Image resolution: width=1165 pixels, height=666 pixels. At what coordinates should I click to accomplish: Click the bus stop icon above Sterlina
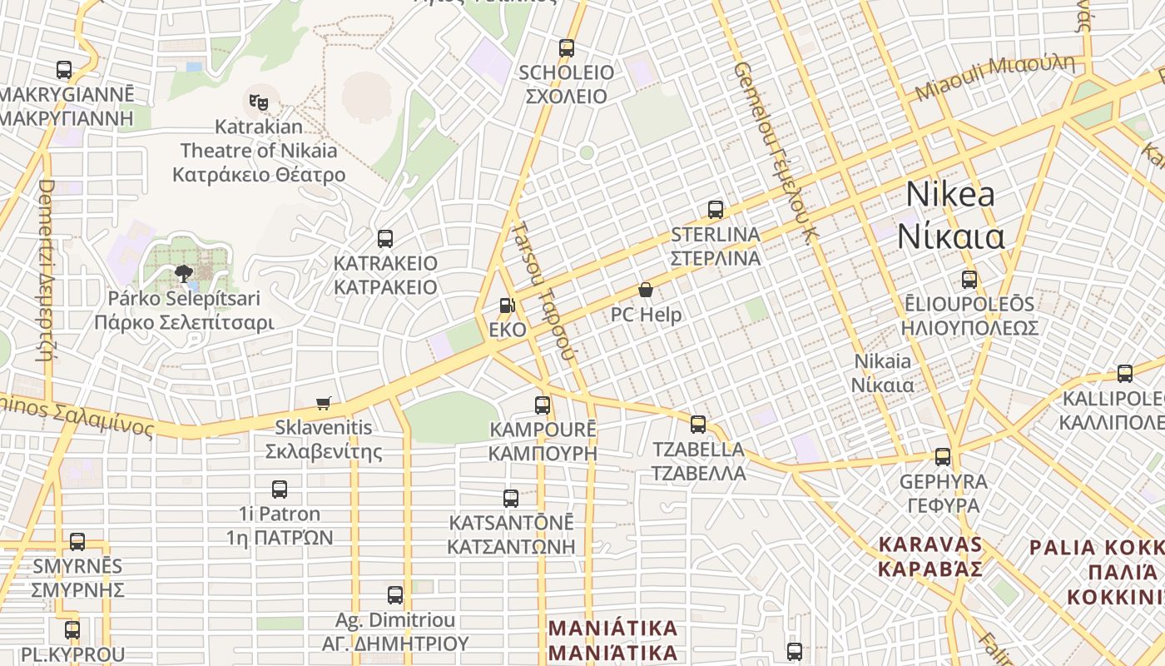point(716,210)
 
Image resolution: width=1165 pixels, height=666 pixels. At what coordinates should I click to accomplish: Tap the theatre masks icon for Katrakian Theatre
point(259,102)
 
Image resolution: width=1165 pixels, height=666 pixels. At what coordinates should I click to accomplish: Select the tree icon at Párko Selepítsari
point(184,273)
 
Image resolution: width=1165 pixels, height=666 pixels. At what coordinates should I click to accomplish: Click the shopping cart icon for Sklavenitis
point(324,404)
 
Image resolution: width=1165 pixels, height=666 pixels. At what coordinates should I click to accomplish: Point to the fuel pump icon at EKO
point(507,306)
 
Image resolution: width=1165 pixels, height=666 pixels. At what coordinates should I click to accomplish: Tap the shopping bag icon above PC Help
point(646,290)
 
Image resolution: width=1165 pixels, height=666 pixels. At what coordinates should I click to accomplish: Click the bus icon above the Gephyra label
point(943,456)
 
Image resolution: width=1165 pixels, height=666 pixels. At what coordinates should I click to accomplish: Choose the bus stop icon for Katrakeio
point(384,239)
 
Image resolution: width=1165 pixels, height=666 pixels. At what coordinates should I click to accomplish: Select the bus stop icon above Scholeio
point(567,48)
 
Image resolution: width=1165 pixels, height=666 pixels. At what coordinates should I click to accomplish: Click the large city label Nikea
point(950,195)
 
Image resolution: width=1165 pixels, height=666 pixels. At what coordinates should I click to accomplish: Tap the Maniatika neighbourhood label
point(614,628)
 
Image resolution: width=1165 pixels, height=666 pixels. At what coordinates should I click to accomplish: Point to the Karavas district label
point(931,545)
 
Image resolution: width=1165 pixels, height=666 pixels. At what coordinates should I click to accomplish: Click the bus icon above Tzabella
point(698,425)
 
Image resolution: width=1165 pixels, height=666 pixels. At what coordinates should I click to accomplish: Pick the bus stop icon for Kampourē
point(543,405)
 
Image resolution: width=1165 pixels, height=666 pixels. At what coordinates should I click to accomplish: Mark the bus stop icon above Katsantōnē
point(511,499)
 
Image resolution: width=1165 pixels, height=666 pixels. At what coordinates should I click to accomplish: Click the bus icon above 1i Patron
point(280,490)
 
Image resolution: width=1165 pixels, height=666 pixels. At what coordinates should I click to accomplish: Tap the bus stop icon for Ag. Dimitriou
point(395,595)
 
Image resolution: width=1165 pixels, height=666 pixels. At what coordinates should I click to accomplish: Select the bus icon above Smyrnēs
point(77,542)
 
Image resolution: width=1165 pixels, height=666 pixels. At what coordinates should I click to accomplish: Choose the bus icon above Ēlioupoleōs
point(969,280)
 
